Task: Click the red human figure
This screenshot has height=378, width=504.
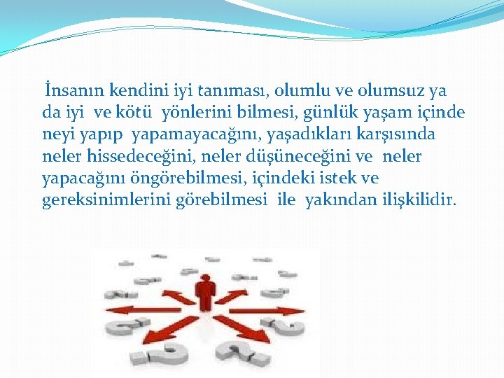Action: click(x=205, y=294)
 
